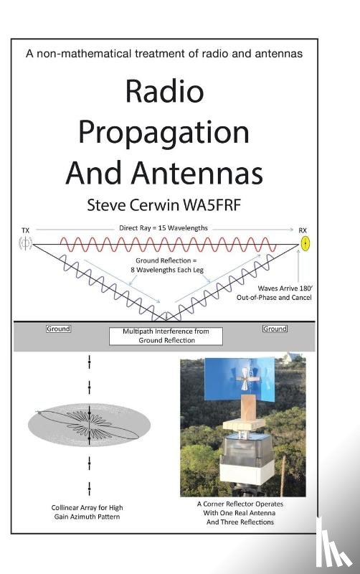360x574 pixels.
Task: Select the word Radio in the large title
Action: coord(164,92)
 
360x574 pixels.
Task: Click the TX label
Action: coord(26,230)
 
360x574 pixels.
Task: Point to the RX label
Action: coord(303,230)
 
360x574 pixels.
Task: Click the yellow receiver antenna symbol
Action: coord(304,244)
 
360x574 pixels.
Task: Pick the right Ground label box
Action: coord(275,329)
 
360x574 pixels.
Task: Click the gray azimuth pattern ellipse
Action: coord(89,424)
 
